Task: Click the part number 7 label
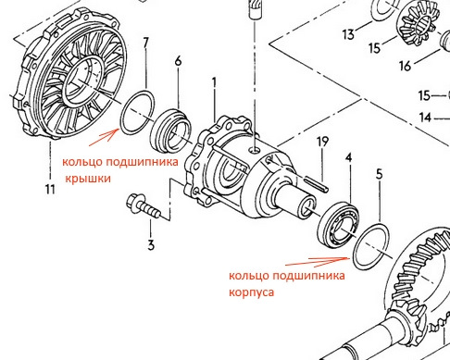(145, 43)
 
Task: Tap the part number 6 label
(179, 61)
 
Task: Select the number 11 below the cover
(50, 189)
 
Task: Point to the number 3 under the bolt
(151, 245)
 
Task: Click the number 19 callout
(322, 142)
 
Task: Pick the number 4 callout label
(348, 157)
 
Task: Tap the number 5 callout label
(380, 174)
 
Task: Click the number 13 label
(348, 34)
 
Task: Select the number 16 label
(406, 66)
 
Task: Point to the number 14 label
(425, 118)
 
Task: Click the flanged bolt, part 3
(144, 206)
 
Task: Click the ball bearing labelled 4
(338, 225)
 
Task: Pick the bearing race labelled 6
(170, 130)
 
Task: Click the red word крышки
(88, 179)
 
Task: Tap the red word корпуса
(251, 292)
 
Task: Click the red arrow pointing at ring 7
(105, 137)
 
